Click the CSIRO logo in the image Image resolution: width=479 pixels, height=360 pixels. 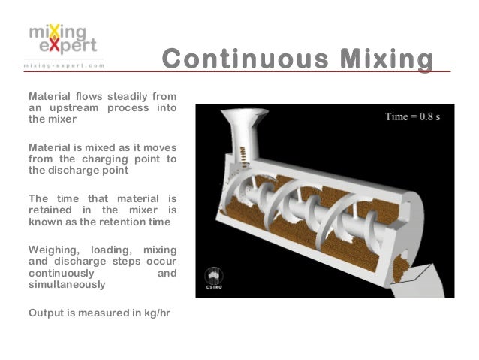(x=212, y=280)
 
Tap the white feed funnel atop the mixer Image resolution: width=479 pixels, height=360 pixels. (x=240, y=124)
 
